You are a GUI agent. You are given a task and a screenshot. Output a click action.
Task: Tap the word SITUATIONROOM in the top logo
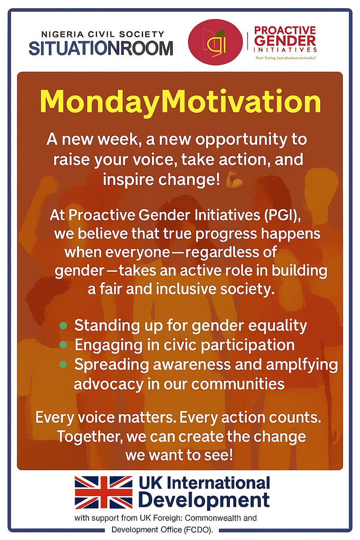pyautogui.click(x=100, y=48)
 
